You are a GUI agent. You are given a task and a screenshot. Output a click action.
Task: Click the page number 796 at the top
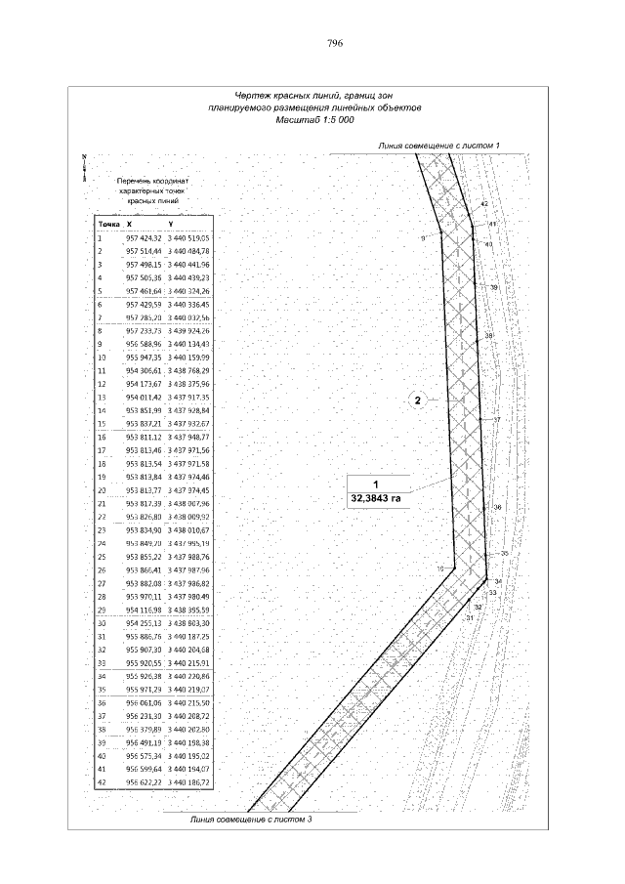334,43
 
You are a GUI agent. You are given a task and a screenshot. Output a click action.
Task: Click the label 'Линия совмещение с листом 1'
438,146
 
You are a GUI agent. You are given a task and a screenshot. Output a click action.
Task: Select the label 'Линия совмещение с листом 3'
250,819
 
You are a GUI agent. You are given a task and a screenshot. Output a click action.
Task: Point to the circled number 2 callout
417,400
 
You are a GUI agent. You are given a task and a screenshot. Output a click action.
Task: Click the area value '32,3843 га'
376,497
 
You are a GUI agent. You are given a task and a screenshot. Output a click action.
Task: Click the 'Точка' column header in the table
106,224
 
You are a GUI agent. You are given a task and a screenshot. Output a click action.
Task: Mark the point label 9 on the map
424,237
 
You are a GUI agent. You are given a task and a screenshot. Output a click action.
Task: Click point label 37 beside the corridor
496,419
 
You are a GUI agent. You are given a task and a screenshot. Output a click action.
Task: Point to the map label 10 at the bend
440,568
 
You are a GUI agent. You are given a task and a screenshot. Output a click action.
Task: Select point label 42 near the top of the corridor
484,203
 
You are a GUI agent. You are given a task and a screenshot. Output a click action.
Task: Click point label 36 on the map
497,507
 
